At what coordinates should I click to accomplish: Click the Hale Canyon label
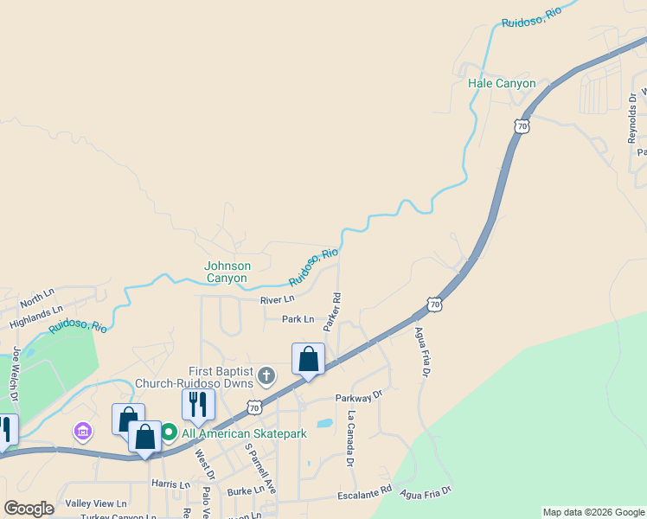[x=501, y=84]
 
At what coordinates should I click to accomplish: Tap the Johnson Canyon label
[x=227, y=272]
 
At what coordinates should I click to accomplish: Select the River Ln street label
[x=277, y=300]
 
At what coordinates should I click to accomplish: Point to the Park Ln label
[x=298, y=319]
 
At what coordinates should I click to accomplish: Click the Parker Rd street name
[x=332, y=312]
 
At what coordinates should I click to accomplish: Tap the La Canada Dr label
[x=351, y=439]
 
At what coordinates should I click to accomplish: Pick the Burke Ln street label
[x=246, y=490]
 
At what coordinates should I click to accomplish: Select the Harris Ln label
[x=170, y=484]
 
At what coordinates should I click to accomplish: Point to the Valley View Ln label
[x=96, y=503]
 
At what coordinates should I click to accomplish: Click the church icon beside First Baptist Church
[x=266, y=376]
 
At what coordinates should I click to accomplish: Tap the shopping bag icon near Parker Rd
[x=308, y=358]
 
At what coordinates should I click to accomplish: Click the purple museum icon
[x=83, y=430]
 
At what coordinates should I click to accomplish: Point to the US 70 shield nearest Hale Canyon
[x=521, y=125]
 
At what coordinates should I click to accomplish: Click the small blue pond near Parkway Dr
[x=324, y=424]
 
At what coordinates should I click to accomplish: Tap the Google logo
[x=29, y=509]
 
